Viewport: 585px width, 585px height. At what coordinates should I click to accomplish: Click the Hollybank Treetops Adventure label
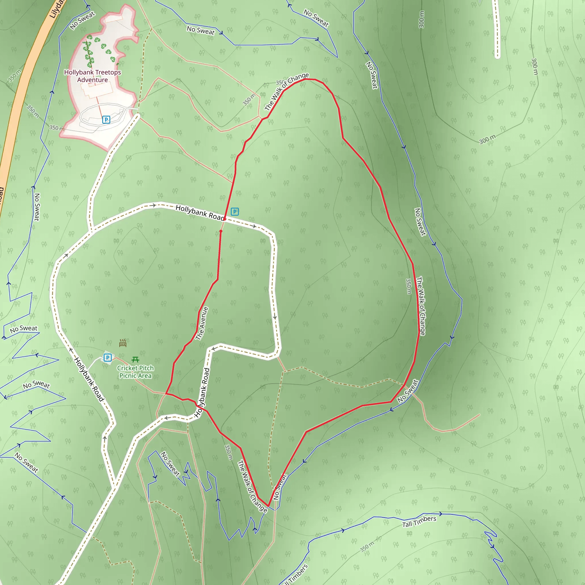92,76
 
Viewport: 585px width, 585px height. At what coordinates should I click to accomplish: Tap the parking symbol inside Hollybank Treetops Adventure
106,120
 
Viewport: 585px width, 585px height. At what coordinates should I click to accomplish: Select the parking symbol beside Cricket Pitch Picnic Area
107,358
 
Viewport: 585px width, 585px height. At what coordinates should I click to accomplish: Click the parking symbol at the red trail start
235,211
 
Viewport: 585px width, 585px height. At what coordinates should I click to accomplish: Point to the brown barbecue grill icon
123,343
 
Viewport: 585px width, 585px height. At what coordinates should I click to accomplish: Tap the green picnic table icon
135,359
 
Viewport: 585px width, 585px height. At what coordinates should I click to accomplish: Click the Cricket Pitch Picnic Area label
135,372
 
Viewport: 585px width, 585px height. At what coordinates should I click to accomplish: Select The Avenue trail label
202,323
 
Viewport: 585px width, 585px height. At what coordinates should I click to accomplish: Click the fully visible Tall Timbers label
419,521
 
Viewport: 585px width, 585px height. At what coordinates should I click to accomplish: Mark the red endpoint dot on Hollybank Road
225,219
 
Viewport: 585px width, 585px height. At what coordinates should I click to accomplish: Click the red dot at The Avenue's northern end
221,231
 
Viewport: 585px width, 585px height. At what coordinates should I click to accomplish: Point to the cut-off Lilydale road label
57,9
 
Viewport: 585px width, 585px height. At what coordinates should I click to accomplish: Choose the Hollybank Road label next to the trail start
200,213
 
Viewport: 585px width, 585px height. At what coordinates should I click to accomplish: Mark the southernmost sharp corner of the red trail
268,506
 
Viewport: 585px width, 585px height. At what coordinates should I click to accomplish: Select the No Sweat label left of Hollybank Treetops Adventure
82,21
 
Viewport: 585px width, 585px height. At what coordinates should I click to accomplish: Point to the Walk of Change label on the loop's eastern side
421,306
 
